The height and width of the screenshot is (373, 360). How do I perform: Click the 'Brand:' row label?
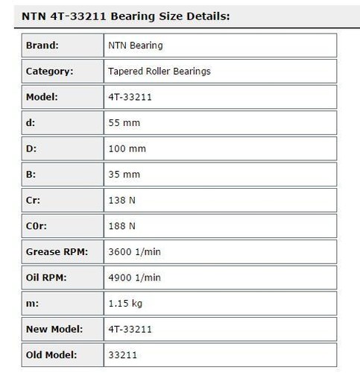[x=43, y=46]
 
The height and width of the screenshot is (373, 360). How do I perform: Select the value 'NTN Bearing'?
[x=136, y=46]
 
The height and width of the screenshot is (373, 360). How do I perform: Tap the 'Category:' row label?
[x=49, y=72]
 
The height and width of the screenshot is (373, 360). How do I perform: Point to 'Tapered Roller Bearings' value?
[x=160, y=72]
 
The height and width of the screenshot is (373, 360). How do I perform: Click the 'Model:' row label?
[x=42, y=97]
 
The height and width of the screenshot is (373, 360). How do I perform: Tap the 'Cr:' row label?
[x=34, y=201]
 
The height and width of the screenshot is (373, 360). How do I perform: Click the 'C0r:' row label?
[x=37, y=226]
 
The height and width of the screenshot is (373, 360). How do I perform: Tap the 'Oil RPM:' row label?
[x=47, y=278]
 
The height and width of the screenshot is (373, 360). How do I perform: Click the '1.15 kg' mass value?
[x=124, y=304]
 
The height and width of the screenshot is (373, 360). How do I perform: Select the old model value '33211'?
[x=121, y=355]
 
